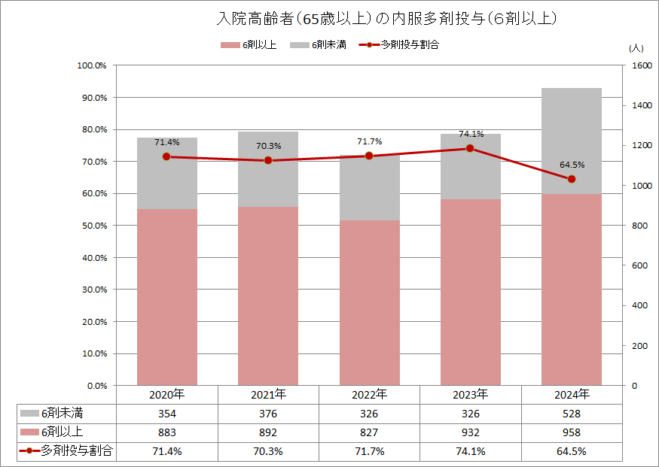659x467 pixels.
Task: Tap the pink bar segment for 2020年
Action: pyautogui.click(x=166, y=297)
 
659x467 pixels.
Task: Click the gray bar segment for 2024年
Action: pyautogui.click(x=571, y=141)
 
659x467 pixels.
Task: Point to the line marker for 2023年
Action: pyautogui.click(x=470, y=148)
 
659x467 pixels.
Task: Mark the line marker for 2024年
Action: pyautogui.click(x=571, y=179)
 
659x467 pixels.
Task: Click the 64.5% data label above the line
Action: pyautogui.click(x=572, y=165)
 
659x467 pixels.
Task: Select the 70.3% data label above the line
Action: pyautogui.click(x=267, y=146)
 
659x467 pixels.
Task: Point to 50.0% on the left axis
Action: pyautogui.click(x=94, y=226)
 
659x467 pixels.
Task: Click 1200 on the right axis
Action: pyautogui.click(x=641, y=146)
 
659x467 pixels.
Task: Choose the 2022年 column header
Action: pyautogui.click(x=369, y=395)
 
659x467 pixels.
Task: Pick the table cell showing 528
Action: pyautogui.click(x=571, y=414)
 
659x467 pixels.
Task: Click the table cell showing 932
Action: pyautogui.click(x=470, y=432)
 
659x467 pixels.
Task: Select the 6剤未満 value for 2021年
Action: pyautogui.click(x=267, y=414)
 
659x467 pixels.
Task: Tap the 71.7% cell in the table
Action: pyautogui.click(x=369, y=451)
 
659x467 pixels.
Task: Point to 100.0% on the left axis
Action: pyautogui.click(x=93, y=66)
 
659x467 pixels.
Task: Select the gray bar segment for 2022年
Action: pyautogui.click(x=369, y=188)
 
